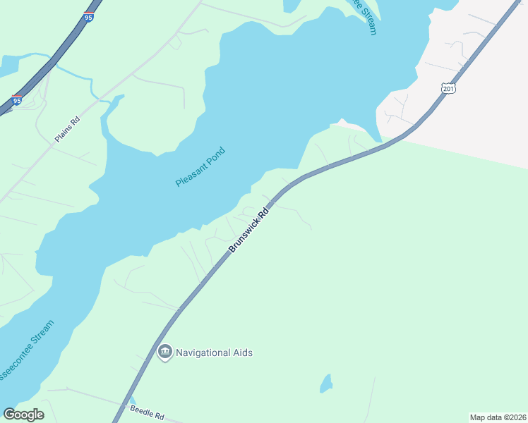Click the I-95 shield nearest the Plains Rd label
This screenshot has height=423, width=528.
(16, 100)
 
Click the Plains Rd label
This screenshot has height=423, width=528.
(67, 130)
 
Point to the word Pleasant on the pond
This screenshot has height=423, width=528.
(191, 172)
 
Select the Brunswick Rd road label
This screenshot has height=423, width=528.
(249, 229)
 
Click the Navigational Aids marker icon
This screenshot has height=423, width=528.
(165, 352)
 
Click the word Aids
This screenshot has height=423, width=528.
(241, 352)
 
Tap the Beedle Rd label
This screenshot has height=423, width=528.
(147, 412)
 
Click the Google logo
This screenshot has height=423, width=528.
(23, 415)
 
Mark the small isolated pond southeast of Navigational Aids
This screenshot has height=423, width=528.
(325, 384)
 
